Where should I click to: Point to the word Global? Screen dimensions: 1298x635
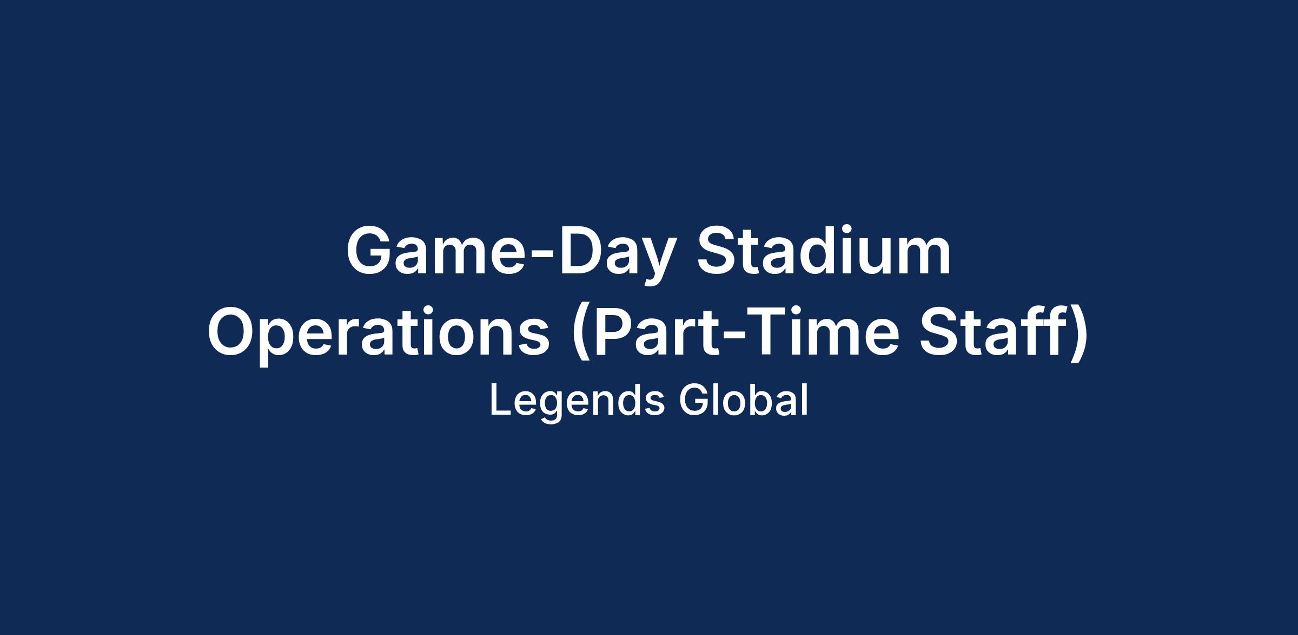point(744,401)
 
